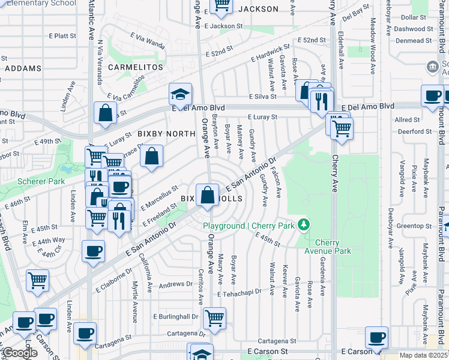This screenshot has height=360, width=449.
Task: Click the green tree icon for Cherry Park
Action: [x=305, y=225]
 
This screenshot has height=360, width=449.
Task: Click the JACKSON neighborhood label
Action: [x=258, y=9]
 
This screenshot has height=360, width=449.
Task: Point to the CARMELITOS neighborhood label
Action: [x=136, y=67]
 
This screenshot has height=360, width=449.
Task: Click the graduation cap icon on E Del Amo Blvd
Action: [x=179, y=94]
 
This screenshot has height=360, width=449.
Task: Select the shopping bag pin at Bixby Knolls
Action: [x=207, y=196]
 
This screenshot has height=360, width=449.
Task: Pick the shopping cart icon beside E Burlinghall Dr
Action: [x=214, y=317]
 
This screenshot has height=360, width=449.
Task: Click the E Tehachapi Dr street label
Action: [x=240, y=293]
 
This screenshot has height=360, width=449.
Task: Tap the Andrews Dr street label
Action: [x=175, y=284]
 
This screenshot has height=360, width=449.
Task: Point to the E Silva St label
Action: [x=263, y=97]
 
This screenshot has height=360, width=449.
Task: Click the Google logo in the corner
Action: [x=20, y=353]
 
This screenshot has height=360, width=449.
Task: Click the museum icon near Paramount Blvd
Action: [x=432, y=65]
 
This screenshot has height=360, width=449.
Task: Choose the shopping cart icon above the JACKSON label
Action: [x=221, y=5]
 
